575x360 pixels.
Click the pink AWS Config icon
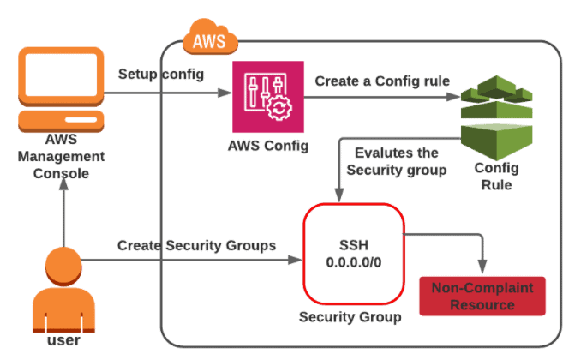coord(269,97)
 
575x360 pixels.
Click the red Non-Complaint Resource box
coord(481,296)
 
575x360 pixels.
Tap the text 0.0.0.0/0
coord(353,262)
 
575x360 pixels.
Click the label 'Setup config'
coord(161,74)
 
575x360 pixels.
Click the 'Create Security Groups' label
coord(196,245)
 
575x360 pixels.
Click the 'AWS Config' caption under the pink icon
coord(268,145)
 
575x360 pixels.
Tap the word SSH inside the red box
coord(353,243)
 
